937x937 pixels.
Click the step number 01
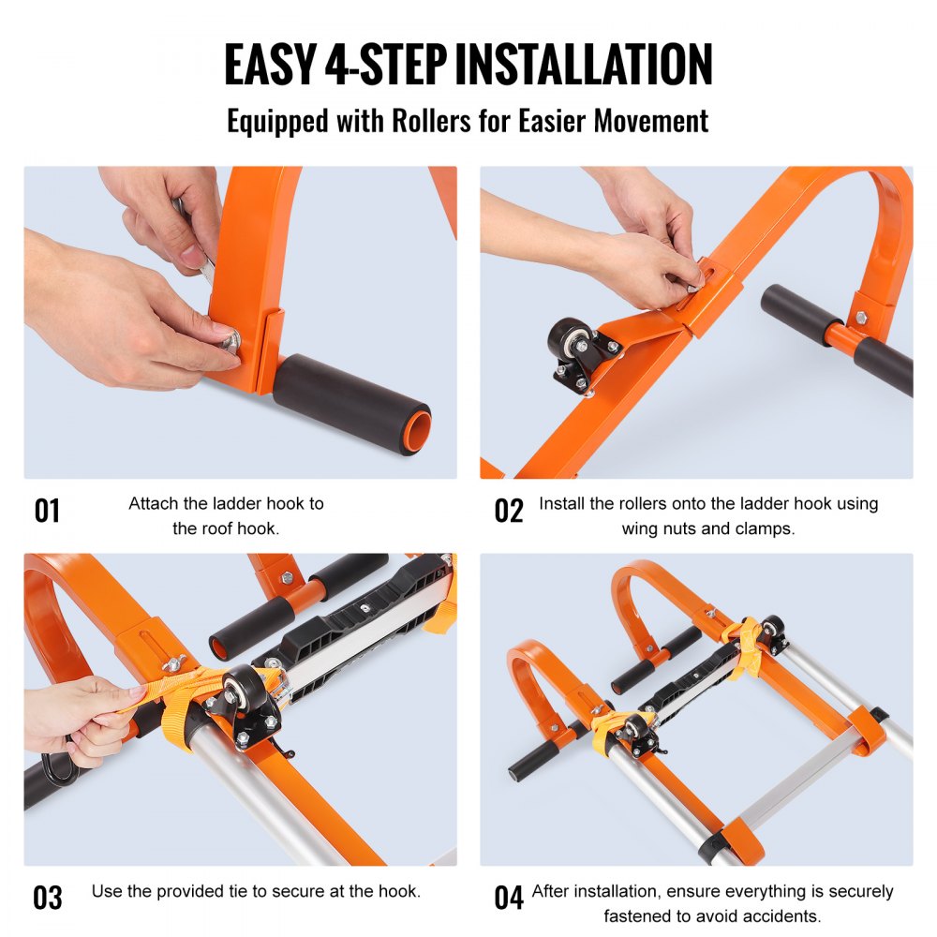[47, 511]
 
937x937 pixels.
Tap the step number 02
[509, 511]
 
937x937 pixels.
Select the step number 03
[47, 897]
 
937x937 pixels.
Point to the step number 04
[509, 897]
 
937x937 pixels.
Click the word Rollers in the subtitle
[426, 121]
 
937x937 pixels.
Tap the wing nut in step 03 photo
[171, 663]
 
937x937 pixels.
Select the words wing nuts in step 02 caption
[659, 528]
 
